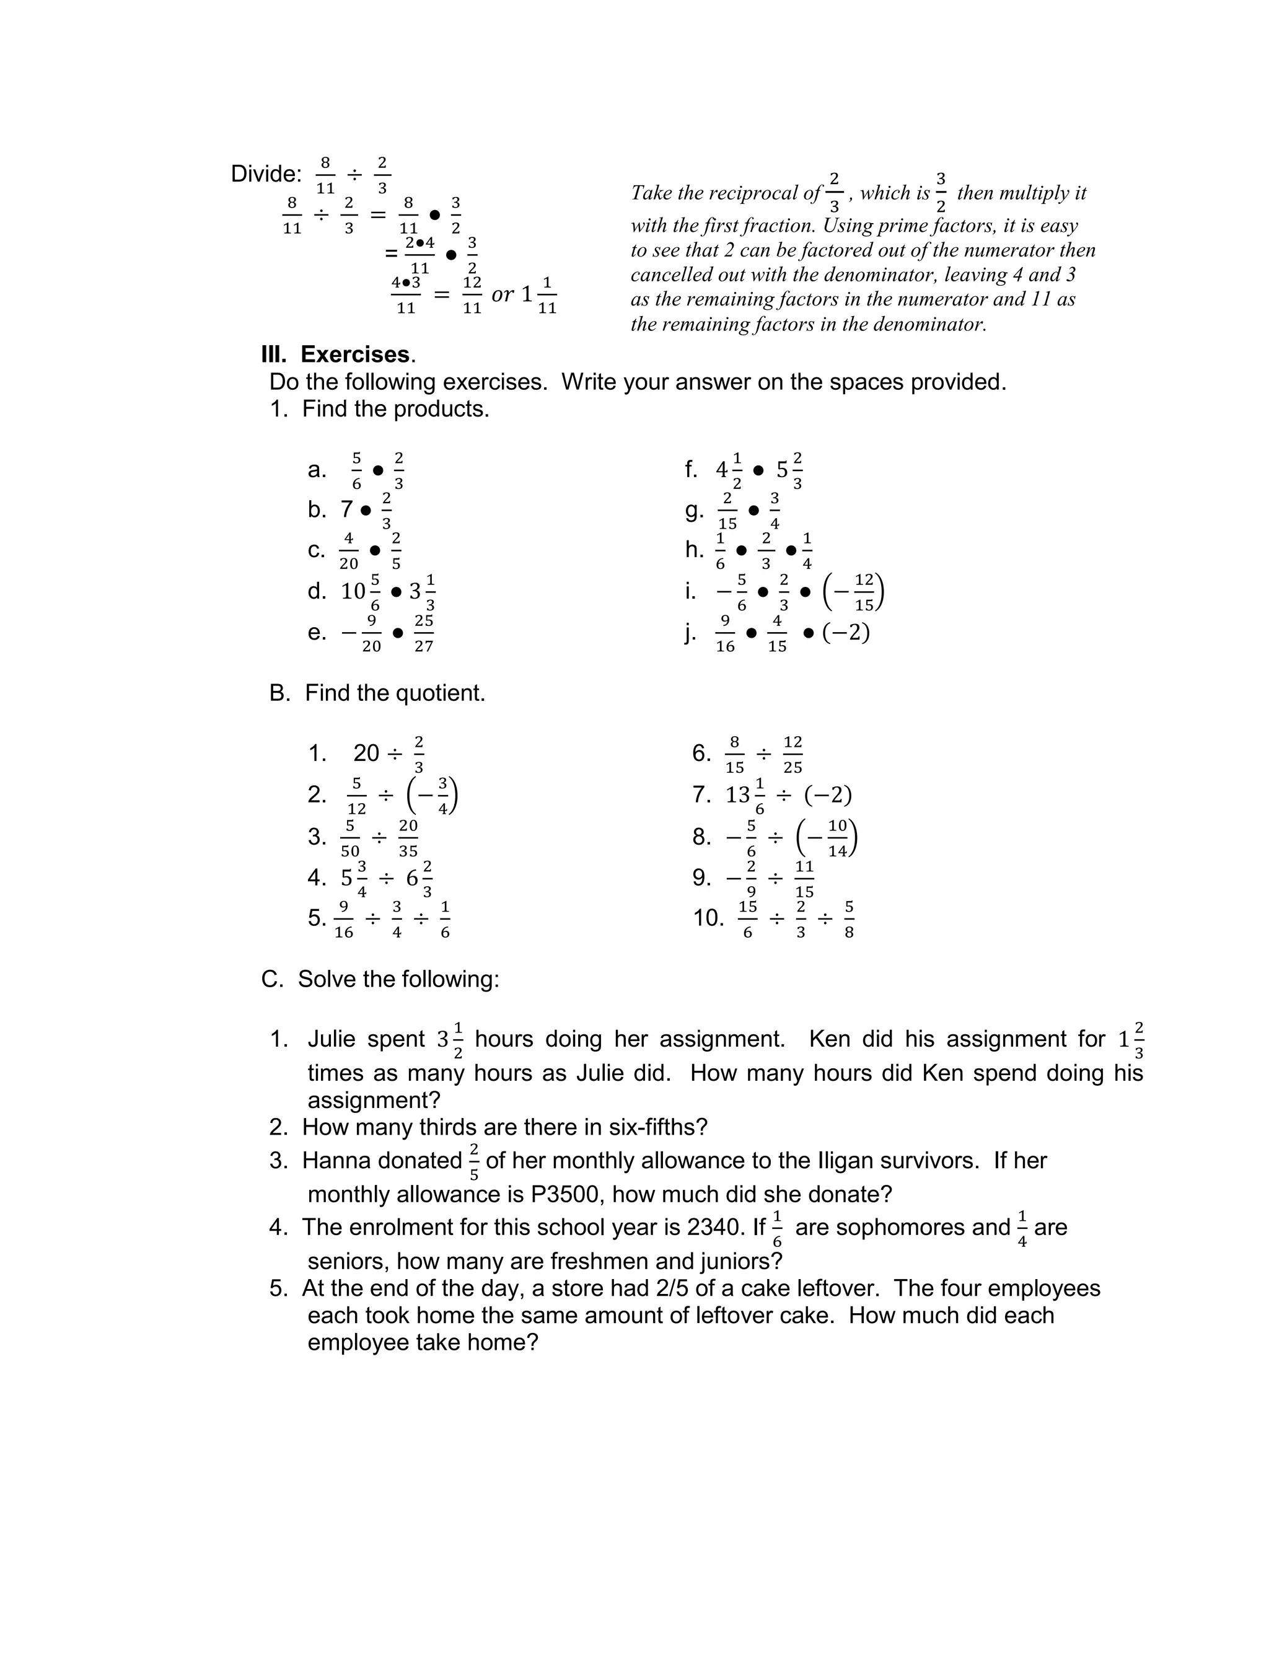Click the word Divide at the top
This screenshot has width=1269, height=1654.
(265, 175)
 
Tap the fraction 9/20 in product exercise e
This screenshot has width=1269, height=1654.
(371, 633)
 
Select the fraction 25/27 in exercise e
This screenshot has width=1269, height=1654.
(424, 633)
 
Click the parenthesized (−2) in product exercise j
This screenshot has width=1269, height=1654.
(846, 632)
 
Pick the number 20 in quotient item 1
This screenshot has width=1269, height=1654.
(366, 753)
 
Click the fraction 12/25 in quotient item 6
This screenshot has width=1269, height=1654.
(793, 754)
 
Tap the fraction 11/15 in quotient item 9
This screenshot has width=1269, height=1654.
(804, 878)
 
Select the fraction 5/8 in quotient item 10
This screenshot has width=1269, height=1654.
(849, 918)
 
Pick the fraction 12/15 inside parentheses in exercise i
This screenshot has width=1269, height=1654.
(864, 592)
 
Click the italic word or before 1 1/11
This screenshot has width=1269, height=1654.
(503, 294)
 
